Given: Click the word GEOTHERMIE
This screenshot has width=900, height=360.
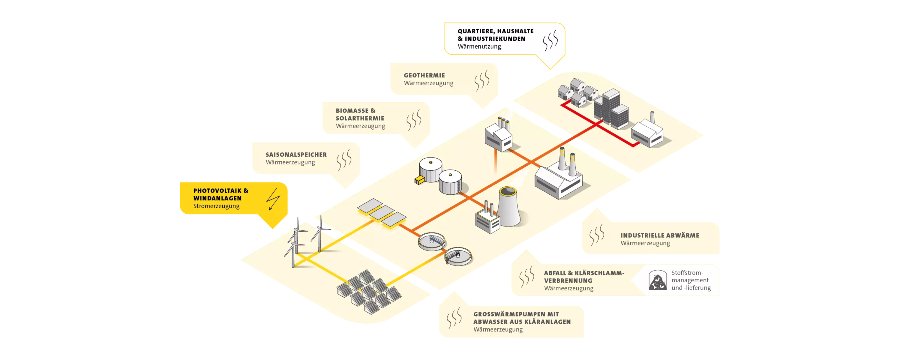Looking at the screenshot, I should pyautogui.click(x=424, y=76).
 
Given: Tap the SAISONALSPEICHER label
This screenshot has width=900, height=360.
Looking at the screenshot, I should pyautogui.click(x=296, y=154).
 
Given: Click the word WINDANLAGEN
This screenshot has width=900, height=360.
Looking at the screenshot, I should pyautogui.click(x=217, y=198).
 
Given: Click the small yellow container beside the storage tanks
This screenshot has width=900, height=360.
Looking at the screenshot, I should pyautogui.click(x=418, y=180).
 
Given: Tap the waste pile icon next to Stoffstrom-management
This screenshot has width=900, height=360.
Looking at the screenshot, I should pyautogui.click(x=657, y=280).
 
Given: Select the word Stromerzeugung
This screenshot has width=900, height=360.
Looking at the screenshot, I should pyautogui.click(x=216, y=206).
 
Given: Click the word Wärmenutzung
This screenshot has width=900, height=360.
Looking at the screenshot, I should pyautogui.click(x=479, y=46).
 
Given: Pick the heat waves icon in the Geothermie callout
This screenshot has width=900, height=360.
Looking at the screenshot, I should pyautogui.click(x=482, y=80).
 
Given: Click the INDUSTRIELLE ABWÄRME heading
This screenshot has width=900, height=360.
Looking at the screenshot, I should pyautogui.click(x=660, y=235).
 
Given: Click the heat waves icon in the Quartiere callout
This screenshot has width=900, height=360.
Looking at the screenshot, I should pyautogui.click(x=550, y=40).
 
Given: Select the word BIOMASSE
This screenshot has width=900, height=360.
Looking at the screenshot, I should pyautogui.click(x=352, y=111).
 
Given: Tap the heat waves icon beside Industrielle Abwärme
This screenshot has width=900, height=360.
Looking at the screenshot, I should pyautogui.click(x=596, y=235).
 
